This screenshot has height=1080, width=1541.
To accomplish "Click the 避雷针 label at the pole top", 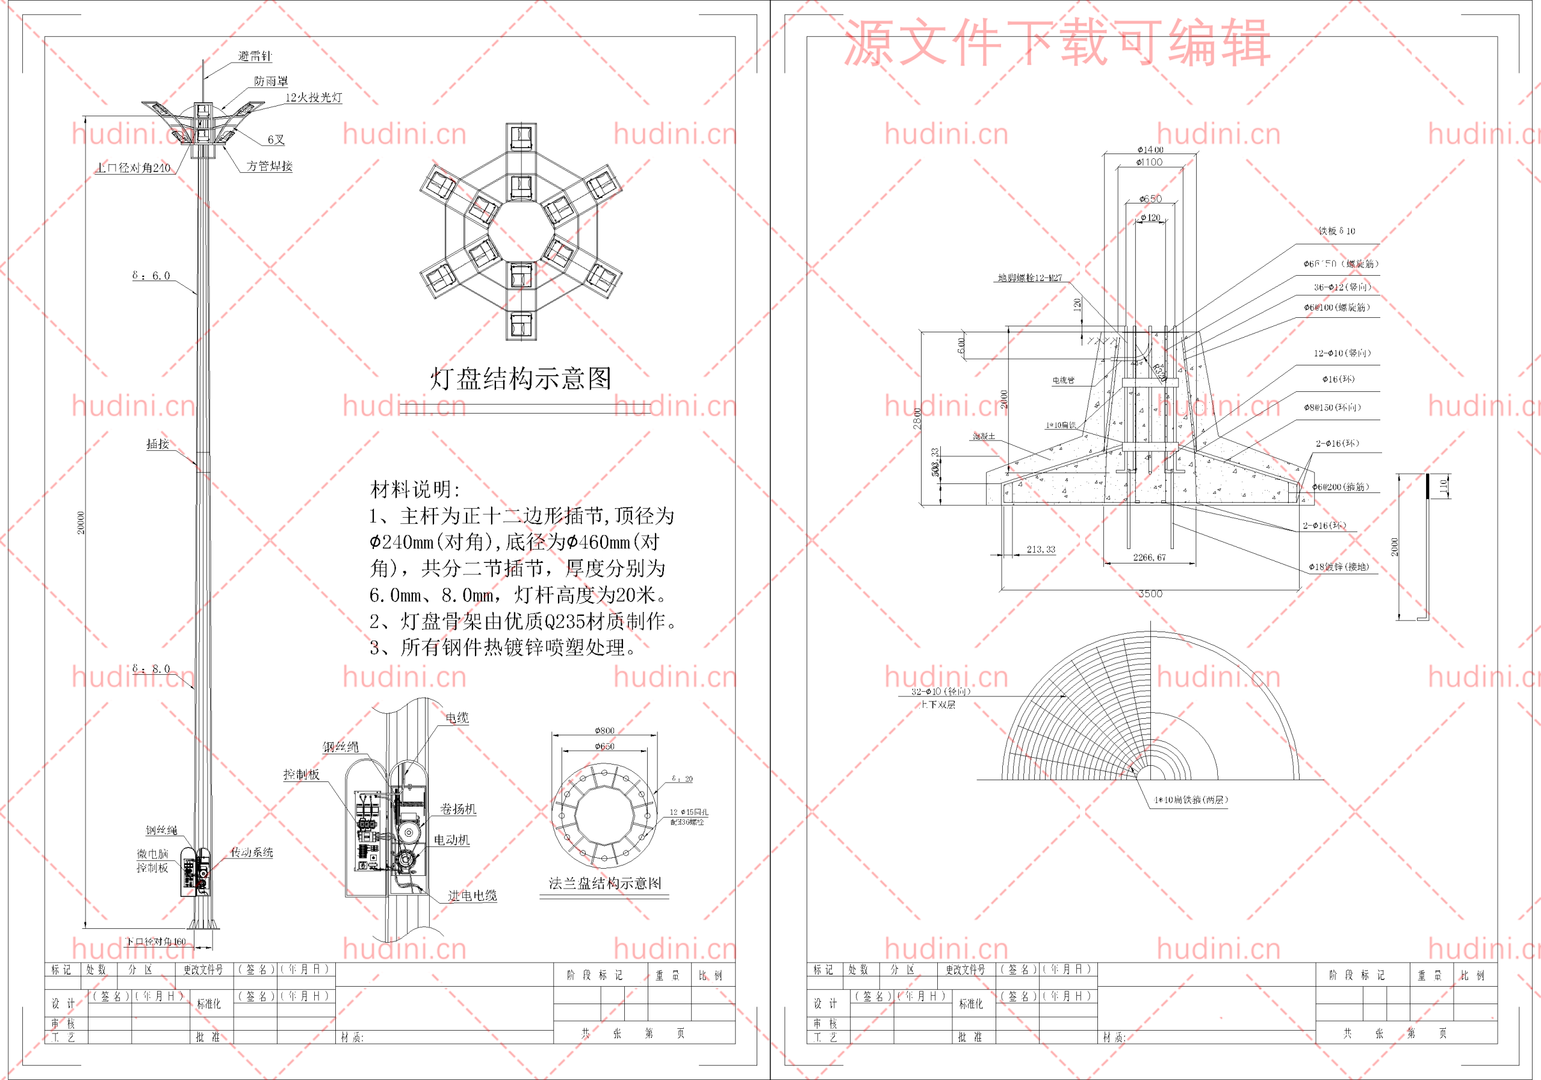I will point(255,57).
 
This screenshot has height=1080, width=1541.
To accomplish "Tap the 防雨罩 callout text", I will point(271,81).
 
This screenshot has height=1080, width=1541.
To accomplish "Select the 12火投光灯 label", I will point(314,98).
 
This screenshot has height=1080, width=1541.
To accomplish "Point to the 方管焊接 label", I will point(269,166).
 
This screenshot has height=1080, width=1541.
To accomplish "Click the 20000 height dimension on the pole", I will point(81,523).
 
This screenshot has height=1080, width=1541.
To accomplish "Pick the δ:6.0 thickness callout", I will point(152,276).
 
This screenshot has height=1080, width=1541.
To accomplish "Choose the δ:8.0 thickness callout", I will point(152,669).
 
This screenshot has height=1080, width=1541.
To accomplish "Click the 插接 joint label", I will point(158,444).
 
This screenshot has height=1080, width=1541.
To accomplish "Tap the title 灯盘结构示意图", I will point(521,379).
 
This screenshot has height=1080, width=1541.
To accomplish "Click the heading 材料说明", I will point(415,489).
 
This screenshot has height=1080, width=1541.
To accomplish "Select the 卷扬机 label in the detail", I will point(457,809).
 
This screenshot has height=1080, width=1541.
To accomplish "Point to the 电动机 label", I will point(451,840).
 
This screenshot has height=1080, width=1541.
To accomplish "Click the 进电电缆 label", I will point(473,895).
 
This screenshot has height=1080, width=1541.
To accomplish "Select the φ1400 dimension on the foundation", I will point(1150,150).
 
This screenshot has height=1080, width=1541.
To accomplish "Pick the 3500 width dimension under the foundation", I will point(1150,594).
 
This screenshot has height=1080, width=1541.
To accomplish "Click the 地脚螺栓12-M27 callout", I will point(1029,278).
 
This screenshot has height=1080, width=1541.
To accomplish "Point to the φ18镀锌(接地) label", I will point(1338,566).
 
